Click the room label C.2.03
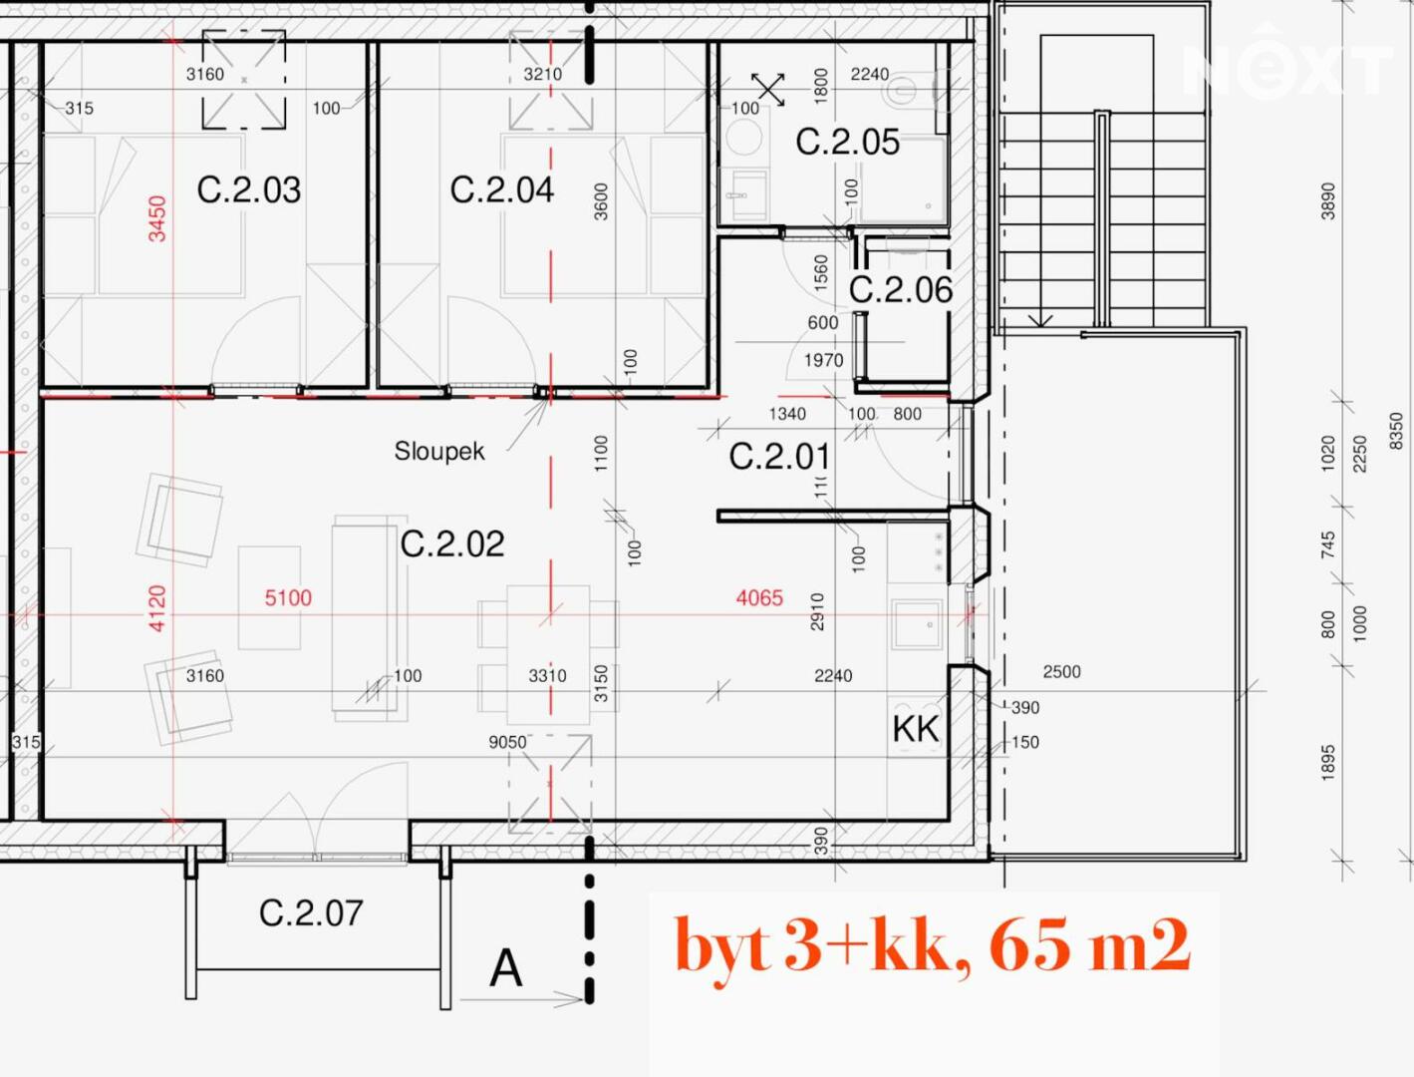[249, 190]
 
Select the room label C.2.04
[502, 190]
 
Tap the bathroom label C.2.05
[847, 142]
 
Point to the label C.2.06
[901, 289]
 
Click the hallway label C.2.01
[779, 457]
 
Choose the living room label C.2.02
[452, 543]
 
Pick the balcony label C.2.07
[311, 913]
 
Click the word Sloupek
[439, 451]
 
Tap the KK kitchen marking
[916, 729]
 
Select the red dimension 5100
[288, 598]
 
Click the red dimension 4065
[759, 598]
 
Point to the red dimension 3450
[157, 219]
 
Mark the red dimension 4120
[157, 608]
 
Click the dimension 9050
[507, 743]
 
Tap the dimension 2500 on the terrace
[1061, 671]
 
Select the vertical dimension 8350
[1395, 431]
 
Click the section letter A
[505, 968]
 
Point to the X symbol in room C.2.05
[768, 89]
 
